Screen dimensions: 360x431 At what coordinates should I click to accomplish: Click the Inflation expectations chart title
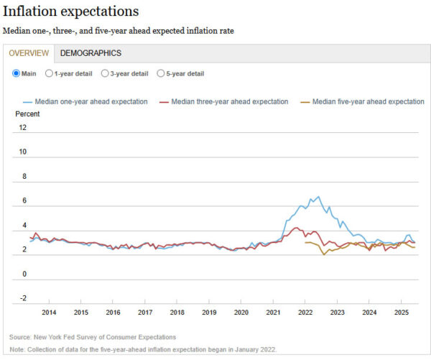[x=71, y=12]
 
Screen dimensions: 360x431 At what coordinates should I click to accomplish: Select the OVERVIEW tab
[x=29, y=53]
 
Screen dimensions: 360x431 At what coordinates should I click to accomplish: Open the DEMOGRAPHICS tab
[x=91, y=53]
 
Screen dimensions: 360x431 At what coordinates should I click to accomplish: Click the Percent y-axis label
[x=27, y=114]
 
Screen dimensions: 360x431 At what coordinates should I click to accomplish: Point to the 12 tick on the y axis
[x=24, y=128]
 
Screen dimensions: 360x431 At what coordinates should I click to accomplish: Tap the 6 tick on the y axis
[x=24, y=201]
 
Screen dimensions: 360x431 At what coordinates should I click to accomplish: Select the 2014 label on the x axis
[x=49, y=312]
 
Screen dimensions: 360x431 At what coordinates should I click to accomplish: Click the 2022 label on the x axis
[x=305, y=312]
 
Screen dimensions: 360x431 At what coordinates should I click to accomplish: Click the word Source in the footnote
[x=20, y=337]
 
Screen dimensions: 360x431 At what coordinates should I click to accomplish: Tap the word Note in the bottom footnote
[x=17, y=350]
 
